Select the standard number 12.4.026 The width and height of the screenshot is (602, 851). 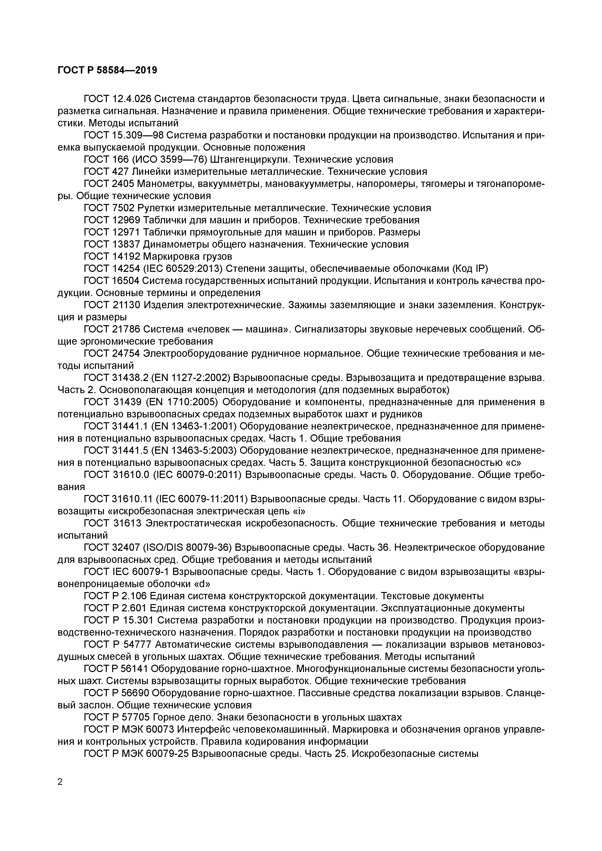pyautogui.click(x=131, y=99)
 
